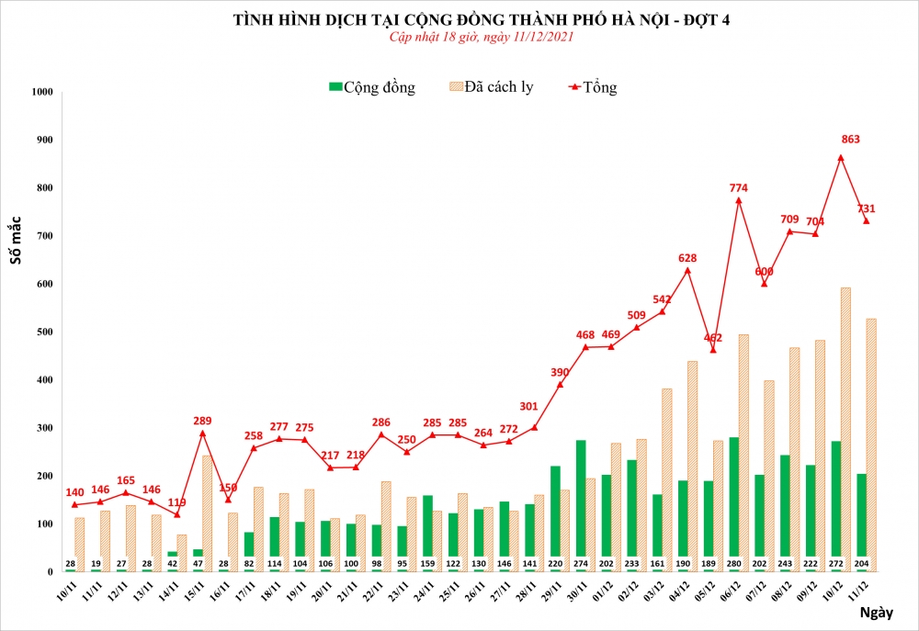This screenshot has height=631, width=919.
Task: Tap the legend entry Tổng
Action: [593, 87]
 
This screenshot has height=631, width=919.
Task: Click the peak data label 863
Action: [849, 140]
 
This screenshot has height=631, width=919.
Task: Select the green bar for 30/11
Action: [581, 505]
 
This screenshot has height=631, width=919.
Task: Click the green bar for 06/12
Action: [733, 504]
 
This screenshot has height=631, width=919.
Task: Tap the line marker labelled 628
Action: [687, 270]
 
